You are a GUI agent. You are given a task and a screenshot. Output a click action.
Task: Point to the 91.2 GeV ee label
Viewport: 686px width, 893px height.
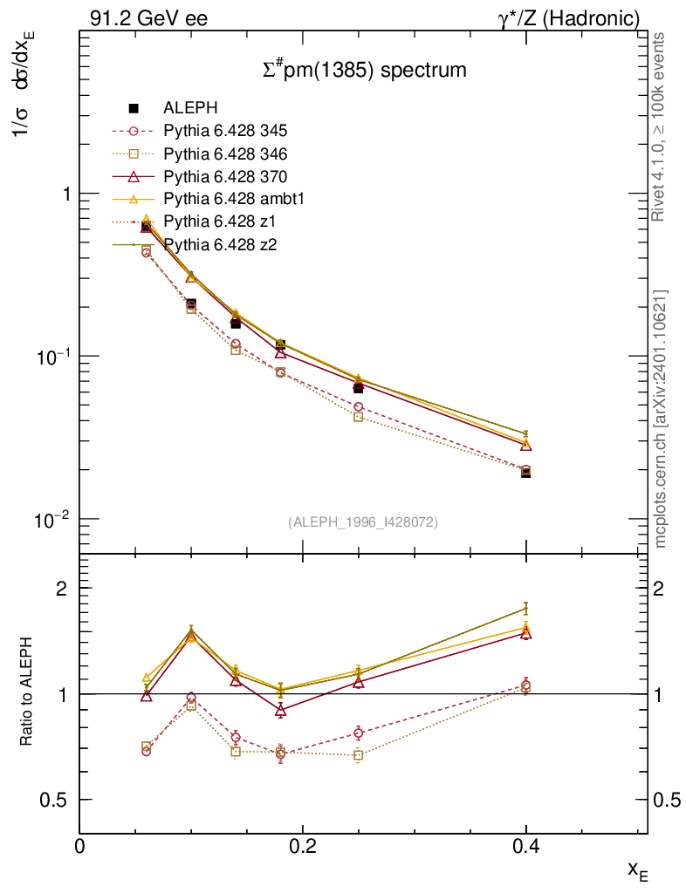point(148,18)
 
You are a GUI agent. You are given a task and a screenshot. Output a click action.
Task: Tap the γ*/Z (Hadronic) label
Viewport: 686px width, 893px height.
point(569,18)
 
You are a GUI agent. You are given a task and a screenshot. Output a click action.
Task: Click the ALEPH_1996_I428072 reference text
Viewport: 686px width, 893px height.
point(362,521)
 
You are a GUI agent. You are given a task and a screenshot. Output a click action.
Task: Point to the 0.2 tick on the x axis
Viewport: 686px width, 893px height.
point(302,845)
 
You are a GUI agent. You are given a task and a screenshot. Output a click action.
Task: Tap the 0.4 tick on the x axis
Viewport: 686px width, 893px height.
point(525,845)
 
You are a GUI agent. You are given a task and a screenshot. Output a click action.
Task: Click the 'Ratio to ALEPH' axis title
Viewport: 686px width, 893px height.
point(28,693)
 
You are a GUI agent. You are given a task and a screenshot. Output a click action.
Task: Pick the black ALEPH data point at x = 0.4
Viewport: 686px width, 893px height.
point(525,472)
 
